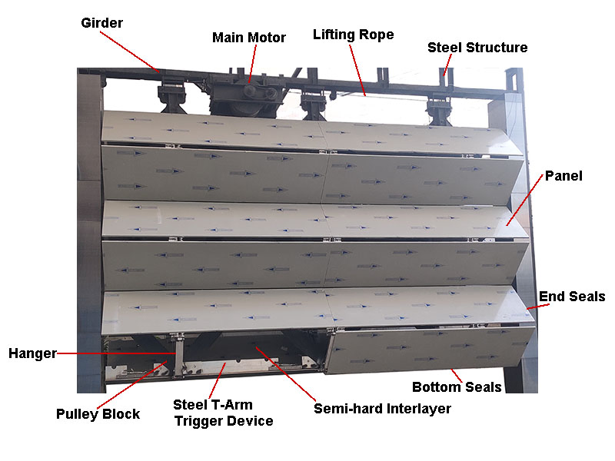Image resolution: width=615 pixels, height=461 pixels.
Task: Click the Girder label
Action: point(101,23)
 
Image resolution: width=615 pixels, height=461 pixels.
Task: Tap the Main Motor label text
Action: point(249,37)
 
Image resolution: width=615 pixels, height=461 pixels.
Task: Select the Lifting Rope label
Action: point(353,35)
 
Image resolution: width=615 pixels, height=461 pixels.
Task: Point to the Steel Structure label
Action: point(477,48)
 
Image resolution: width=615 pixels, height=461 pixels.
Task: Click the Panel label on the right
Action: point(563,176)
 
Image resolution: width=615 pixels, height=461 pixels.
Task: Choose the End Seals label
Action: point(572,297)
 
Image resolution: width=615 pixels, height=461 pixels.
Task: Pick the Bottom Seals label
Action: point(457,386)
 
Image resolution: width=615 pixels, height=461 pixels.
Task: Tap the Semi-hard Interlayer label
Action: point(382,409)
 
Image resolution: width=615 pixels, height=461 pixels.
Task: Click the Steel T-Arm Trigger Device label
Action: point(223,413)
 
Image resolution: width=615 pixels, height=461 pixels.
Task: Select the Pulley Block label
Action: point(98,414)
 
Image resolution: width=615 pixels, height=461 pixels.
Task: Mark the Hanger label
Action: point(32,353)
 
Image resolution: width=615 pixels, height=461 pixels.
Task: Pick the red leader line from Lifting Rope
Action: point(358,70)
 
